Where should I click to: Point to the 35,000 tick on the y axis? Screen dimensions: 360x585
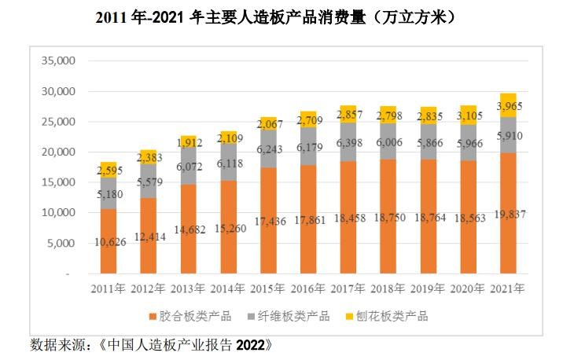[x=56, y=61]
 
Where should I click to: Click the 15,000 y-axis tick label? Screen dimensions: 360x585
[x=56, y=182]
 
